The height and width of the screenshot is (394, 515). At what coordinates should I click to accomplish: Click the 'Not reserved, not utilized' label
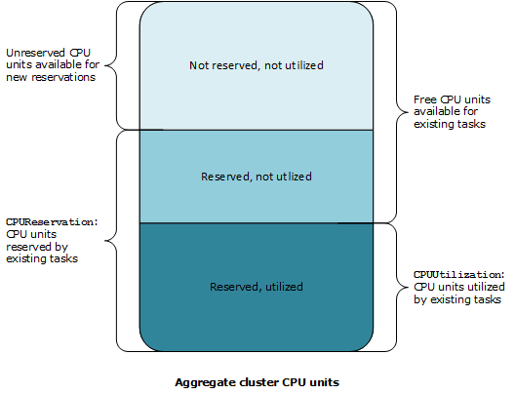tap(257, 65)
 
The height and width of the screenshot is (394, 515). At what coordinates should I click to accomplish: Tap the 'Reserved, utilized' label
tap(257, 287)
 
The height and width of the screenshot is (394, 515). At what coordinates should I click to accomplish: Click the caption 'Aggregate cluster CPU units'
tap(257, 381)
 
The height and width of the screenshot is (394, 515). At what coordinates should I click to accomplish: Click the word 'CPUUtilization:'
tap(458, 276)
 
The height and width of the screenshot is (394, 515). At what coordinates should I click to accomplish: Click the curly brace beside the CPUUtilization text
tap(395, 287)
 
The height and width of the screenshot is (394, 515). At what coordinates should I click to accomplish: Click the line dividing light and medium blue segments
tap(257, 130)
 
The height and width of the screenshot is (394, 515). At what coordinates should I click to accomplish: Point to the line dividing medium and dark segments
tap(257, 223)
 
